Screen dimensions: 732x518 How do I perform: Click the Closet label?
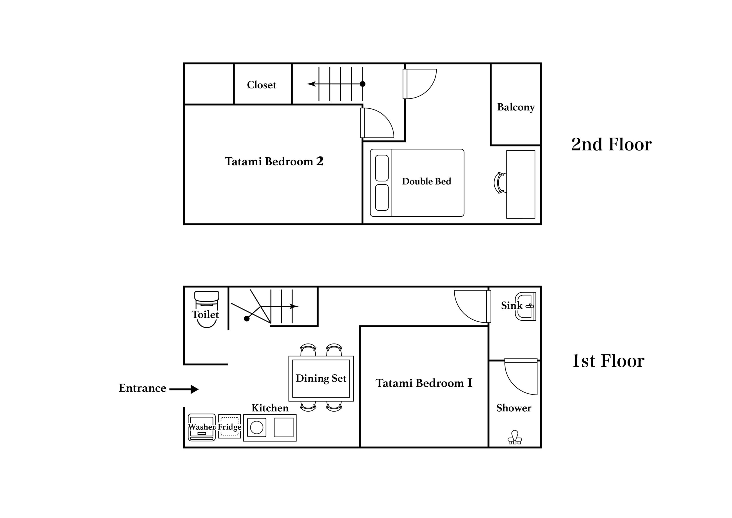tap(261, 85)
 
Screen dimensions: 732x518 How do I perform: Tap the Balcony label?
tap(516, 108)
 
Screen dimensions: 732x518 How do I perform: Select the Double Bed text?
tap(427, 181)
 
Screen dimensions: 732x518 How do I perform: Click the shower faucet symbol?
tap(515, 437)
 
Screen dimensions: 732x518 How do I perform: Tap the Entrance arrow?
tap(184, 389)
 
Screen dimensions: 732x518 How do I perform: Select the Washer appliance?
tap(202, 427)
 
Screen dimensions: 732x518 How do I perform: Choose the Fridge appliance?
tap(230, 426)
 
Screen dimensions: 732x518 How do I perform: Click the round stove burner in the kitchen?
tap(257, 428)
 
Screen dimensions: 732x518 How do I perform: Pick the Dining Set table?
tap(321, 379)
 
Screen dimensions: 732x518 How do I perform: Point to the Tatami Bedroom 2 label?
tap(274, 161)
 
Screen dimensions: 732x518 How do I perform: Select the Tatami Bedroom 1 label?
tap(424, 383)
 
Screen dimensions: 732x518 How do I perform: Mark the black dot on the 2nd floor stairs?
tap(363, 84)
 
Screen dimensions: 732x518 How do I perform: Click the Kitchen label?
tap(270, 408)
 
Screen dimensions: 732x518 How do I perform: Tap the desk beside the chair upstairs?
tap(521, 184)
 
